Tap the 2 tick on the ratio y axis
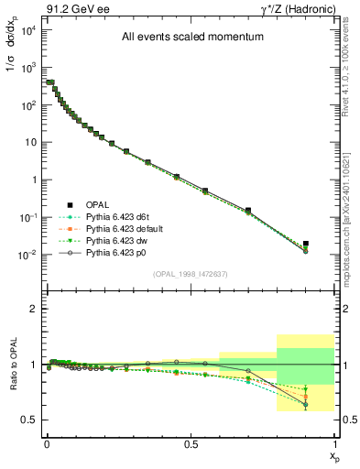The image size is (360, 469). (x=34, y=310)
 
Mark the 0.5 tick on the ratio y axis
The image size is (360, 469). (x=32, y=420)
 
